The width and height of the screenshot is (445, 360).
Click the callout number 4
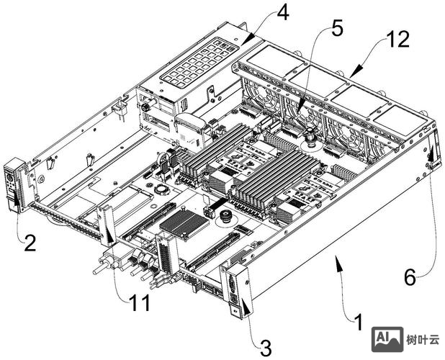point(283,13)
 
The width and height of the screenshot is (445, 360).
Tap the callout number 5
point(337,29)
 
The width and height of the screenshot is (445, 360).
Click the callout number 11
point(140,302)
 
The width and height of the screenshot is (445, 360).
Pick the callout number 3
point(266,348)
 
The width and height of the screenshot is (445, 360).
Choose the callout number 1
point(359,323)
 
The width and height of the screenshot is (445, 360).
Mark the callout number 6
point(410,277)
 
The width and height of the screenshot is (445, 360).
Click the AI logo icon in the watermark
point(387,339)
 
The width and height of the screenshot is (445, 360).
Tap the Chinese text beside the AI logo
point(423,339)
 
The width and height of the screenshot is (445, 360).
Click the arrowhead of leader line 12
point(356,71)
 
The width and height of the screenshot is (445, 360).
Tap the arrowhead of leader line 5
point(299,112)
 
